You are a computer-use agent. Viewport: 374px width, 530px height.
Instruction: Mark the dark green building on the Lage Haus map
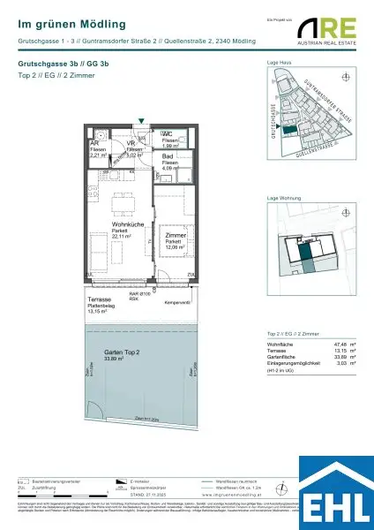(x=288, y=130)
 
